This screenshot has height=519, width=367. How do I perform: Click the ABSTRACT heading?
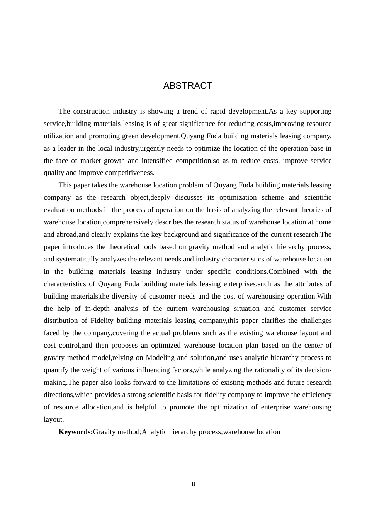[x=188, y=86]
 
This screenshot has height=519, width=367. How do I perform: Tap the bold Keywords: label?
[x=75, y=432]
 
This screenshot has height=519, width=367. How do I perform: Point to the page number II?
[x=194, y=484]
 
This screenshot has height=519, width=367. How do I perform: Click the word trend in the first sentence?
[x=190, y=111]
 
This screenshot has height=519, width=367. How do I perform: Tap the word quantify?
[x=56, y=370]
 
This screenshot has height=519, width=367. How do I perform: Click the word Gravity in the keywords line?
[x=104, y=432]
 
